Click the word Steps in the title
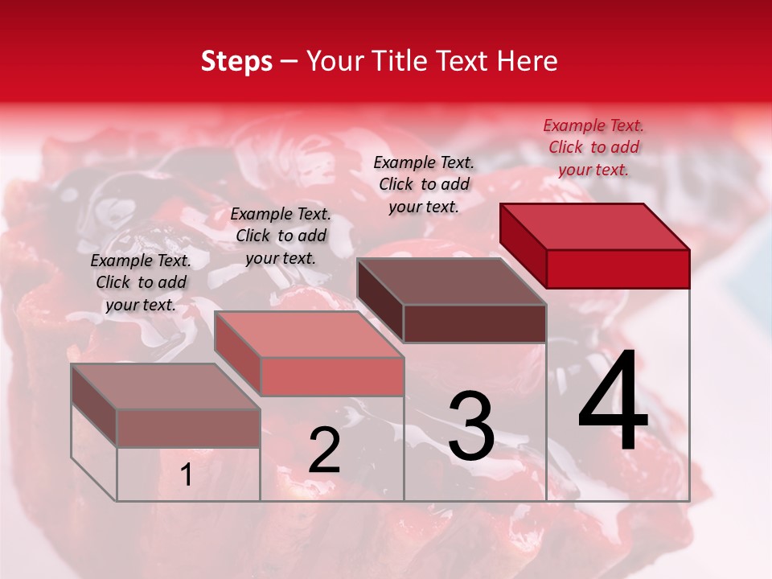(x=236, y=61)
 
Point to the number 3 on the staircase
(x=471, y=425)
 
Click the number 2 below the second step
(x=324, y=450)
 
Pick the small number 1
(x=187, y=475)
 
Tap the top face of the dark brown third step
(x=451, y=281)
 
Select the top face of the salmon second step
(x=309, y=335)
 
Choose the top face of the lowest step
(x=166, y=387)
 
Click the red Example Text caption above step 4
(x=593, y=147)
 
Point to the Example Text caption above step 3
(x=424, y=184)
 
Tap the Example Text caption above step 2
(x=281, y=236)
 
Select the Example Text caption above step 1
(x=141, y=282)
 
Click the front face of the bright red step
(x=618, y=269)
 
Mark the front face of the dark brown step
(x=474, y=323)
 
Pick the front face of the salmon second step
(x=331, y=376)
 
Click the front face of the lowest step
(x=188, y=429)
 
